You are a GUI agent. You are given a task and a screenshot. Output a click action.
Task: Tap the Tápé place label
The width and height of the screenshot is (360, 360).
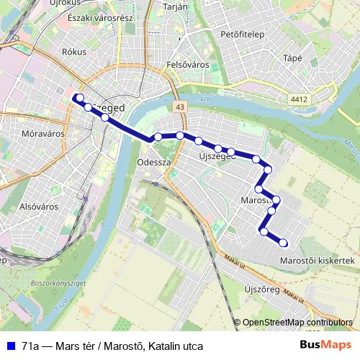tap(293, 58)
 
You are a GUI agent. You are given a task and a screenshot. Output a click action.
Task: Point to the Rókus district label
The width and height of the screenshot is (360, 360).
tap(74, 52)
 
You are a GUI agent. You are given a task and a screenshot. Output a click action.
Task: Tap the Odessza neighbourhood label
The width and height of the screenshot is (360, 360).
tap(153, 163)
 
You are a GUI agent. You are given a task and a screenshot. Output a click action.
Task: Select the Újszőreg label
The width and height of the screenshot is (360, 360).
tap(261, 289)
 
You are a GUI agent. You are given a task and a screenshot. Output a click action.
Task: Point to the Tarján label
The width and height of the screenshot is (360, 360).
tap(176, 6)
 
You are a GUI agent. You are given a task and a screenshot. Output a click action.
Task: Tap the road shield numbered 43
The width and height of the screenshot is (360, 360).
tap(179, 107)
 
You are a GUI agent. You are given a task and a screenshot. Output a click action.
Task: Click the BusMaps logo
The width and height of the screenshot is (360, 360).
tap(325, 345)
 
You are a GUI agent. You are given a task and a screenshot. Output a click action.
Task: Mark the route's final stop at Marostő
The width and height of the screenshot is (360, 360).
tap(283, 243)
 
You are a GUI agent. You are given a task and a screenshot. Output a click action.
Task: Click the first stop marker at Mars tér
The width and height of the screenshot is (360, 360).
tap(78, 98)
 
